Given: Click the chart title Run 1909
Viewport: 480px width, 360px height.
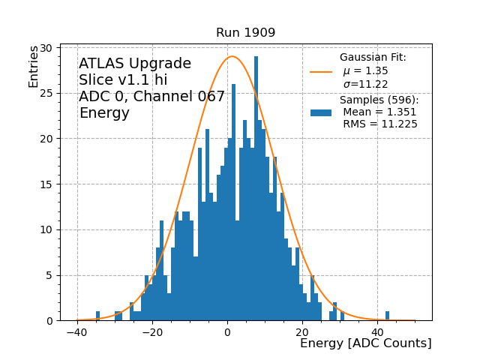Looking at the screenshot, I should tap(245, 33).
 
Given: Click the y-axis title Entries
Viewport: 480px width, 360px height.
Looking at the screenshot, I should tap(34, 66).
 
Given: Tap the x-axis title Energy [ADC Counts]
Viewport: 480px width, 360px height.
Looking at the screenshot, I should tap(365, 343).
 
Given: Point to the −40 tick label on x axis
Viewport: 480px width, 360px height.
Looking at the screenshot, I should tap(77, 332).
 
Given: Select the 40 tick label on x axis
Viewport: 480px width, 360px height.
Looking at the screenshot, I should tap(376, 332).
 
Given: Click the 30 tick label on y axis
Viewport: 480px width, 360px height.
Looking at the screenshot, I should tap(46, 48).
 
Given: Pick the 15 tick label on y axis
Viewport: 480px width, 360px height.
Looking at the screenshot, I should tap(46, 184).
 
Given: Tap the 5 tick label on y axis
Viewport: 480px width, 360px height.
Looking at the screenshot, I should tap(49, 275).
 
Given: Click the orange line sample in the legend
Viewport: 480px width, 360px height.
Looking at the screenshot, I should tap(321, 72).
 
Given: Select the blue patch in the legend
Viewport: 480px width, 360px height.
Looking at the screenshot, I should tap(321, 112).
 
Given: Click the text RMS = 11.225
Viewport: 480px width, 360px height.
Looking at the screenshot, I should tap(380, 124).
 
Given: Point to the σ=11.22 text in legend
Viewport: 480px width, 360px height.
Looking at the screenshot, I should tap(366, 84).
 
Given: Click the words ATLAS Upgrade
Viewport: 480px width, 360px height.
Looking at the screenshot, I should tap(135, 64).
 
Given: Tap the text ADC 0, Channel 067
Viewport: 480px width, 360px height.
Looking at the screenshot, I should tap(152, 97).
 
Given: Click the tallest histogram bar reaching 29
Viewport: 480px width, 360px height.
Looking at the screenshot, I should tap(256, 187).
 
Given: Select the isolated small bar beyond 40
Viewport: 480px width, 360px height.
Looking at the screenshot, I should tap(387, 316).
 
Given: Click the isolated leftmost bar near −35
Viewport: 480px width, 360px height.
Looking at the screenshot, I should tap(97, 316).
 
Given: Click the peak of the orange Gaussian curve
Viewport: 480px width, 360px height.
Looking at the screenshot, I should tap(232, 56).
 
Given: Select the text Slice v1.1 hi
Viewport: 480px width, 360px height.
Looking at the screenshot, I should tap(123, 80).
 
